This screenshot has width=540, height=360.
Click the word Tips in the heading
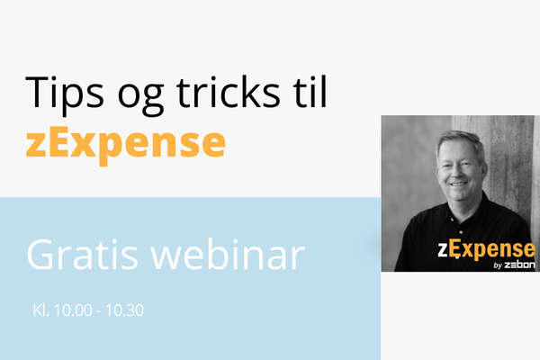(x=65, y=93)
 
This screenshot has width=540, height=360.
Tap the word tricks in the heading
(x=228, y=93)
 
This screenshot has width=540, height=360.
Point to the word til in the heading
(x=310, y=92)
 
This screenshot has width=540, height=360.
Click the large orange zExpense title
(x=126, y=145)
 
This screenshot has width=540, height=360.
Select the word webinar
(x=228, y=254)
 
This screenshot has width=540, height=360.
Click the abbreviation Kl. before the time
(x=41, y=310)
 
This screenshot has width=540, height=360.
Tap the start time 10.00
(x=73, y=310)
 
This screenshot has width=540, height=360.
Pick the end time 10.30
(x=124, y=310)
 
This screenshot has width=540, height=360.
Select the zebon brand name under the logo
(x=519, y=265)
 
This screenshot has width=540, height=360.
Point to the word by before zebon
(x=498, y=265)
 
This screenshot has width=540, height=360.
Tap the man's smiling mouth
(x=459, y=185)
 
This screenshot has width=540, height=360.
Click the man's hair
(x=459, y=140)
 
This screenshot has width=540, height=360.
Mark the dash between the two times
(x=99, y=311)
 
